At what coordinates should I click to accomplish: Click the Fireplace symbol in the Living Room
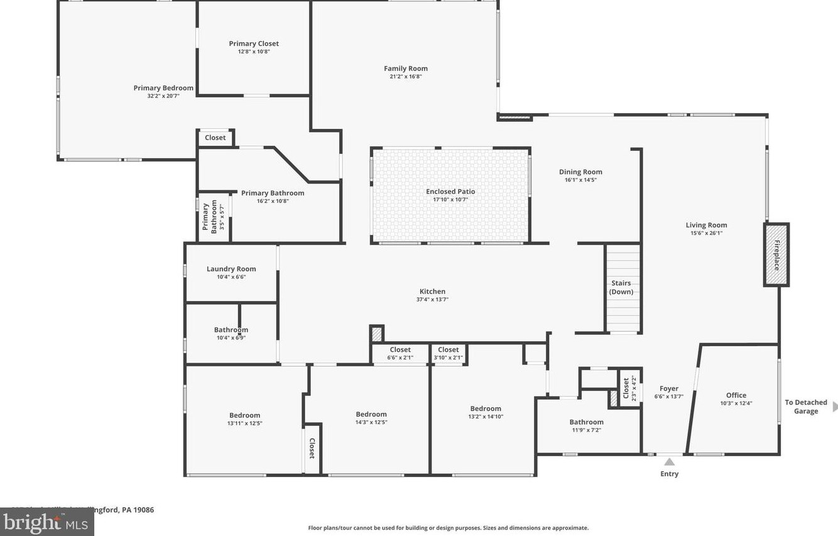click(776, 254)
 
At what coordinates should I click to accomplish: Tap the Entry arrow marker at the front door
click(670, 462)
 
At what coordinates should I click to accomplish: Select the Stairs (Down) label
click(621, 287)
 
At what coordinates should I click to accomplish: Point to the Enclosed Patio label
click(450, 192)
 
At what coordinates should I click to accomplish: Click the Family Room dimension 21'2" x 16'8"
click(406, 77)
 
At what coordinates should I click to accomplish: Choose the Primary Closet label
click(254, 43)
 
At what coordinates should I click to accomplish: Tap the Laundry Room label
click(231, 269)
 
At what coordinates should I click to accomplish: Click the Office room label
click(736, 395)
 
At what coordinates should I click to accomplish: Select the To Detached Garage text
click(806, 407)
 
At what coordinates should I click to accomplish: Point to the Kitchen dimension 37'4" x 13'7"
click(432, 300)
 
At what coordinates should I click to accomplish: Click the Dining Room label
click(580, 172)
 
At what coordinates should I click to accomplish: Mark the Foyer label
click(669, 388)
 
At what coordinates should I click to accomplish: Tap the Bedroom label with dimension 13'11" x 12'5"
click(244, 415)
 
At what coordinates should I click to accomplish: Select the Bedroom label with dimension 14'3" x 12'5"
click(371, 414)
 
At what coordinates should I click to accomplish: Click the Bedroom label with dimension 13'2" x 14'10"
click(486, 408)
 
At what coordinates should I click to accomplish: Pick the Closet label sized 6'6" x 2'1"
click(400, 349)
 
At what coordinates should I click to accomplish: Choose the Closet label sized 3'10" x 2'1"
click(449, 349)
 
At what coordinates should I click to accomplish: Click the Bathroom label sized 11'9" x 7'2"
click(586, 422)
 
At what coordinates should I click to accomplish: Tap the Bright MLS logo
click(46, 522)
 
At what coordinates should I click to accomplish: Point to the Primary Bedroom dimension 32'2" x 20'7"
click(163, 96)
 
